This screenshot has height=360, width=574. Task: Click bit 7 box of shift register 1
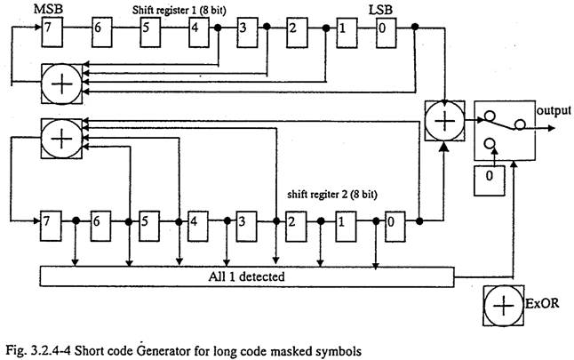click(x=52, y=33)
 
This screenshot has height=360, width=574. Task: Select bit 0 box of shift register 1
click(x=387, y=33)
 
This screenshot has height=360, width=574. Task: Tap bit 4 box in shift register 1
click(x=199, y=33)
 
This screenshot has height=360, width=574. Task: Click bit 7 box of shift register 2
click(x=51, y=226)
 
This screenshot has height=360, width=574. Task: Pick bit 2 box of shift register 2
click(x=296, y=227)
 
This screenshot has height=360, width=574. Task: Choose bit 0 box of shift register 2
click(x=395, y=227)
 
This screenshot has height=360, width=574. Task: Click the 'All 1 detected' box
click(x=247, y=276)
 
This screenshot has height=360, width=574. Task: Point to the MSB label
click(x=48, y=9)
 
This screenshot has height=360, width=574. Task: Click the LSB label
click(x=380, y=10)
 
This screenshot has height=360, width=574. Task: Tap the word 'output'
click(x=554, y=110)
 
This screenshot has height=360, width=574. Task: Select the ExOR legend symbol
click(x=503, y=306)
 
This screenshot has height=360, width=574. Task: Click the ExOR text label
click(x=542, y=303)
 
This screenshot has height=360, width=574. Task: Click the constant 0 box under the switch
click(x=490, y=180)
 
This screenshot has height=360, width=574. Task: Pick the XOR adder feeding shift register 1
click(x=62, y=84)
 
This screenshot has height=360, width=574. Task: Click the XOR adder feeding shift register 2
click(x=62, y=139)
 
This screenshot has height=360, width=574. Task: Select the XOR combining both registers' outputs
click(x=445, y=121)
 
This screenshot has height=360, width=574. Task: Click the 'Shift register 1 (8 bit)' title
click(x=179, y=10)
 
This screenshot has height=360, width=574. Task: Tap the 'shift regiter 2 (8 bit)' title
click(x=332, y=194)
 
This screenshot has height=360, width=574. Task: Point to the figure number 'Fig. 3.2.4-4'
click(x=39, y=351)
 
